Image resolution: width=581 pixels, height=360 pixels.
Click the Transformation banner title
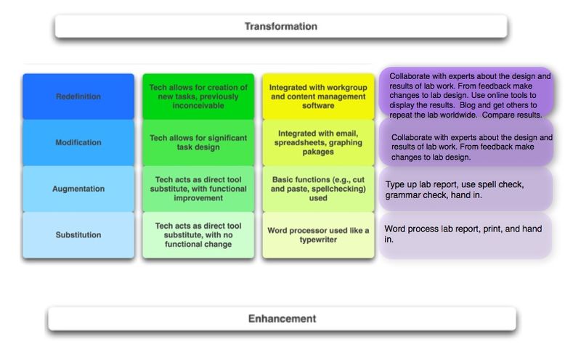point(281,26)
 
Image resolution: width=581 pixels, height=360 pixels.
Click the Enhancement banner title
point(282,319)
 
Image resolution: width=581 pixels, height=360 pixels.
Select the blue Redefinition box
point(78,97)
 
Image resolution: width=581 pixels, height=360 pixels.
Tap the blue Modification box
point(78,142)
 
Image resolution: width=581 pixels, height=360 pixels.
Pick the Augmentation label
point(78,189)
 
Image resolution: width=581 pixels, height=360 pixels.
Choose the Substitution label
point(78,235)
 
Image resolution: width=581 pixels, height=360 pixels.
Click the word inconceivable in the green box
point(198,105)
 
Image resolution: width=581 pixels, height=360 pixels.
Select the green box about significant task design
point(198,142)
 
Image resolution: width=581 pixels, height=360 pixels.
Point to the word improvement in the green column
point(198,198)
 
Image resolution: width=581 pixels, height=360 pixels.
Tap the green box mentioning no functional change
point(198,235)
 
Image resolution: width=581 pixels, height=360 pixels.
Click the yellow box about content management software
point(318,97)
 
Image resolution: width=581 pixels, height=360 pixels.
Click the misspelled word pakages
point(318,152)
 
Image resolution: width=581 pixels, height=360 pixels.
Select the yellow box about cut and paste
point(318,189)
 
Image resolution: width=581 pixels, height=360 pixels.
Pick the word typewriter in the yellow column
point(318,240)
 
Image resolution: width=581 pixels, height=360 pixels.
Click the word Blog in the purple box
point(467,105)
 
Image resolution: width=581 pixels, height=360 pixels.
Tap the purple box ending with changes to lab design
point(466,142)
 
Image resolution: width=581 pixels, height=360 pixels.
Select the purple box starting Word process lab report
point(466,235)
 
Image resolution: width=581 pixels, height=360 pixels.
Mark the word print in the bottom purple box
point(492,229)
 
